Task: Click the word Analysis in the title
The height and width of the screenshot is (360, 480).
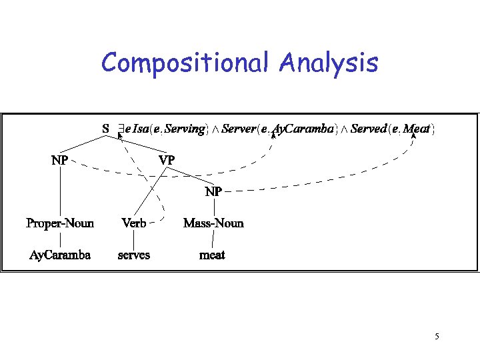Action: coord(329,63)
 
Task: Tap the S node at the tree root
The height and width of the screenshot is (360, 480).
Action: coord(105,128)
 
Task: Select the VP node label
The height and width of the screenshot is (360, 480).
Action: coord(167,161)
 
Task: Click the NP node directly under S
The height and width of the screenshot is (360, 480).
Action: coord(59,161)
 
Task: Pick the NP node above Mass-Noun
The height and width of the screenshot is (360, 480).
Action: coord(213,192)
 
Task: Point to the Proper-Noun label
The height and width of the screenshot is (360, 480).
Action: coord(60,223)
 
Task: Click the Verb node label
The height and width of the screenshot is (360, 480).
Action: coord(134,223)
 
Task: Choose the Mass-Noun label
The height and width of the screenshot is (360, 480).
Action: coord(213,223)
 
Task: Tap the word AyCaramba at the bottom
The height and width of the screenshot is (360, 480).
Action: coord(60,255)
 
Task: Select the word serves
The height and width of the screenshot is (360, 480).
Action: coord(134,255)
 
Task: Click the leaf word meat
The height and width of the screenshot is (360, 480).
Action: coord(213,255)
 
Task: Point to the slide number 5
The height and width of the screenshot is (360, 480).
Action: coord(437,336)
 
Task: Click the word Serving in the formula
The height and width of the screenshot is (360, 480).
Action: coord(185,129)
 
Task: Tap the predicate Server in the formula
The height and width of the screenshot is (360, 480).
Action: coord(238,129)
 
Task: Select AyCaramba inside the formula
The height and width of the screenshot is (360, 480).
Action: coord(303,129)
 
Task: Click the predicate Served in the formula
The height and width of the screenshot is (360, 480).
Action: coord(368,129)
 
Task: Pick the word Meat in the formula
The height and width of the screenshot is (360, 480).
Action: coord(417,129)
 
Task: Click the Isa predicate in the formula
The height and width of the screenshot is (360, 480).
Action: coord(141,129)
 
